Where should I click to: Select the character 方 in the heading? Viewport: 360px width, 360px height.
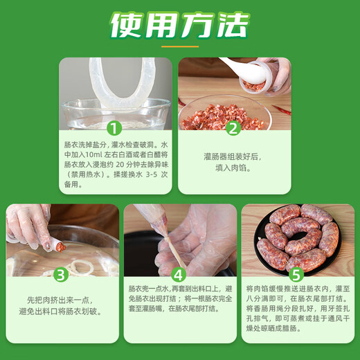(195, 26)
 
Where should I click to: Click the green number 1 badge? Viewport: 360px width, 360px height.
(115, 127)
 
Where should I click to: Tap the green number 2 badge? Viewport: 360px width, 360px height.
(233, 127)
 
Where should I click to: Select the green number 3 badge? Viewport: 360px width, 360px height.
(61, 274)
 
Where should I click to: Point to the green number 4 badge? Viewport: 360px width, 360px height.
(179, 274)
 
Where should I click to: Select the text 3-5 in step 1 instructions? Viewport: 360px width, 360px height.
(145, 175)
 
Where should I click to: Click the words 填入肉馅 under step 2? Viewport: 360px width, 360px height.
(233, 168)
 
